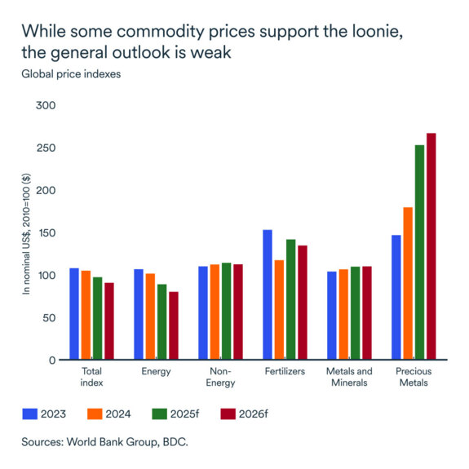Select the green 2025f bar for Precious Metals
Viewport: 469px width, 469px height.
coord(420,252)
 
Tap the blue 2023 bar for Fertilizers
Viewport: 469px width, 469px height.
coord(268,294)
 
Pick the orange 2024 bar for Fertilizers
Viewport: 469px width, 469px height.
coord(279,309)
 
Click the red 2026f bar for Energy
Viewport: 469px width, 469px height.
coord(174,325)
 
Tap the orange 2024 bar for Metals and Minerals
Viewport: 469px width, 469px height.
coord(343,314)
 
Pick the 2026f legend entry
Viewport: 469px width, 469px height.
coord(245,414)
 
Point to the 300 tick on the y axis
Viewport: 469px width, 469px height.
coord(46,105)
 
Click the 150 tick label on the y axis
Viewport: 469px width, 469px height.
coord(46,232)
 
